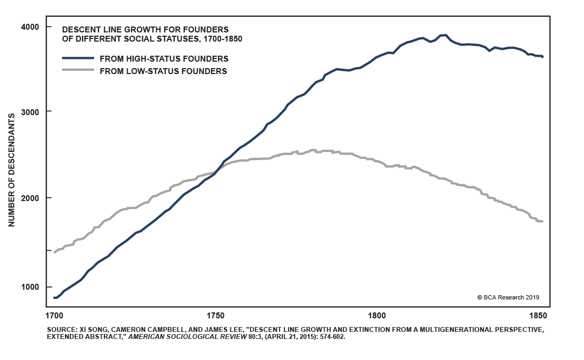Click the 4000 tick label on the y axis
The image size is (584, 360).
[37, 26]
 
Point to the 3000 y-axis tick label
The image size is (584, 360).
[37, 111]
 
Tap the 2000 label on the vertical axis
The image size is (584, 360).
[37, 198]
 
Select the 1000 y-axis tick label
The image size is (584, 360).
[37, 286]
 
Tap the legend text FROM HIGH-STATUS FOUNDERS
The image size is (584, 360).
[164, 58]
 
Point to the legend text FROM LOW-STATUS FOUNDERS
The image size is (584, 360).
[163, 71]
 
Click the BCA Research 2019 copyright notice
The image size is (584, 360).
[508, 297]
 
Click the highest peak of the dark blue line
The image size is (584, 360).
[444, 35]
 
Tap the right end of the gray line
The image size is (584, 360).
[542, 221]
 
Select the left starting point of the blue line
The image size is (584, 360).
[54, 297]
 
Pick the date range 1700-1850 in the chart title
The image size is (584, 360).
[223, 38]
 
